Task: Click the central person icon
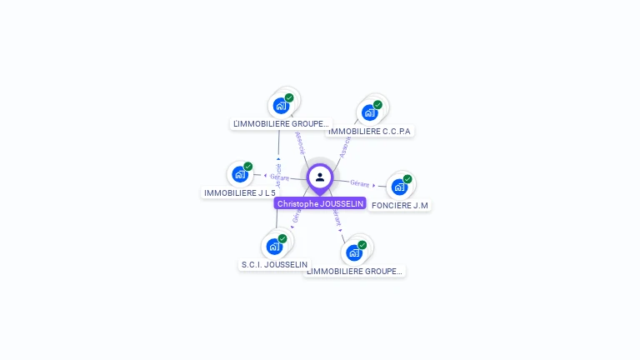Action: click(320, 177)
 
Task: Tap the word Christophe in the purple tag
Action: click(297, 203)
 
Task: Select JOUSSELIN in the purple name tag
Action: click(342, 203)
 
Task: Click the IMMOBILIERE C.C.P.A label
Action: click(370, 131)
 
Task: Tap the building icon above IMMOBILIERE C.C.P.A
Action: click(369, 112)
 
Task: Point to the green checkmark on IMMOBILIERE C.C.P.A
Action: click(377, 105)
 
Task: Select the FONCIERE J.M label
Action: click(400, 205)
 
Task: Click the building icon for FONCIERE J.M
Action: click(399, 187)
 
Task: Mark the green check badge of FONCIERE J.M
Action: click(407, 179)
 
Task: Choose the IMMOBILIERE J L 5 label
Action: click(240, 192)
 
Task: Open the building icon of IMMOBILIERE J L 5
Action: click(240, 174)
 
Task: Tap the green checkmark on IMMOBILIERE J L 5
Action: click(248, 167)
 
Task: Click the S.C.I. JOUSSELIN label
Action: click(274, 264)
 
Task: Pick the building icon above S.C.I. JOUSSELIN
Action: click(274, 246)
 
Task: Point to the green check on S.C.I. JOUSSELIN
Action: click(282, 238)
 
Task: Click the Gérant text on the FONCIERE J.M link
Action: click(359, 182)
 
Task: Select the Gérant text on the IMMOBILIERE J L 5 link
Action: click(280, 177)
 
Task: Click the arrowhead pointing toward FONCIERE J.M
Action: click(373, 185)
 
